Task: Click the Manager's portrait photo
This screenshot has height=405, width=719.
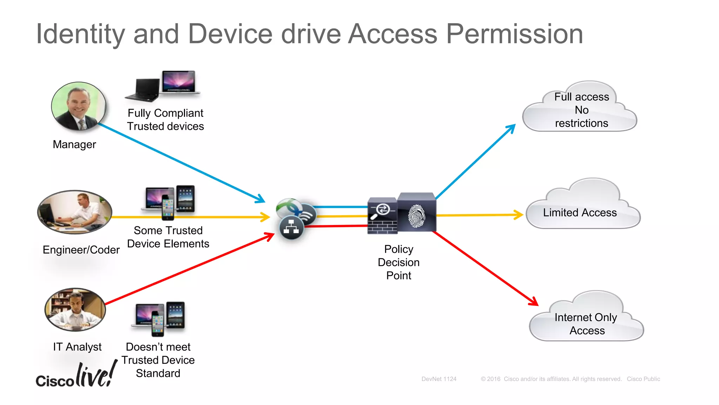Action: (x=78, y=106)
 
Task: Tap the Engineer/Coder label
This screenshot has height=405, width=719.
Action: (x=81, y=250)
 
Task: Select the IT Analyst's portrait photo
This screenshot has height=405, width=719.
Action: (x=75, y=310)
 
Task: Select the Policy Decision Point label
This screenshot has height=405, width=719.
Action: (x=398, y=262)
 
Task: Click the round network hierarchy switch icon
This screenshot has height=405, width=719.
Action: (x=291, y=227)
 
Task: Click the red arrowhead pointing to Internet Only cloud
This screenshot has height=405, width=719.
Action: (x=533, y=301)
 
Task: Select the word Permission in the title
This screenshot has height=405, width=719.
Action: (x=514, y=34)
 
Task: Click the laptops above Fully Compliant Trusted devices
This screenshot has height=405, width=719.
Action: (x=163, y=85)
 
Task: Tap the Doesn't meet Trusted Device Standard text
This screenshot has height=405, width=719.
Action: (x=158, y=360)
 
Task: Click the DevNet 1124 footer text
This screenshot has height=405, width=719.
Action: (x=439, y=379)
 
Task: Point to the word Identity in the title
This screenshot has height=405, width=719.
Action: (x=80, y=34)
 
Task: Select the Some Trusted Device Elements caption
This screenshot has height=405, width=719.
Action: (x=168, y=237)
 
